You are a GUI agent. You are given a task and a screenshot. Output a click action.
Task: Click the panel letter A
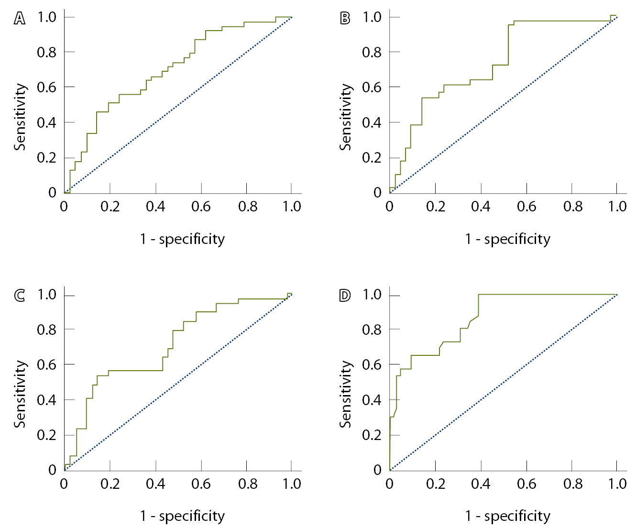coord(20,19)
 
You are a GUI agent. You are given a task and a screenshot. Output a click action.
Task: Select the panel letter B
coord(345,19)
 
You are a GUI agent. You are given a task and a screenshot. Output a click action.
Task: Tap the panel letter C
coord(20,296)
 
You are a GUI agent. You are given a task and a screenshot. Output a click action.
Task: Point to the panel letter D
coord(345,296)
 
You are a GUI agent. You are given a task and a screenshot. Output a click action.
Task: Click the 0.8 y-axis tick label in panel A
coord(46,52)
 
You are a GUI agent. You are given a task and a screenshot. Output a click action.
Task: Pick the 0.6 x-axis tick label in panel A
coord(201,207)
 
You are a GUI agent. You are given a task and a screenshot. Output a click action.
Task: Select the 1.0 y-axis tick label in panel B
coord(372,17)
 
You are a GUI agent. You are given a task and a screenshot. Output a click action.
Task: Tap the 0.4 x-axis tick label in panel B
coord(481,207)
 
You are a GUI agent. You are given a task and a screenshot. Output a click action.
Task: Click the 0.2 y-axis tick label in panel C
coord(46,435)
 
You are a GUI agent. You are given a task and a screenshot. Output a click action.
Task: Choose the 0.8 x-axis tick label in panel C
coord(247,484)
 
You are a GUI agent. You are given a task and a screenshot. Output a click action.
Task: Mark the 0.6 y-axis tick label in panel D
coord(372,364)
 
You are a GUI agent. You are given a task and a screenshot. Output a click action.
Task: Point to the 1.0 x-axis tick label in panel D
coord(617,484)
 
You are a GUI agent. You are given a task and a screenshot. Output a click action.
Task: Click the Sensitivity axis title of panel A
coord(20,117)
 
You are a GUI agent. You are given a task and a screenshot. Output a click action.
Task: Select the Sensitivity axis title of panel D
coord(345,394)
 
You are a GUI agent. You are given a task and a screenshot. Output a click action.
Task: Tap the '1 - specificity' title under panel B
coord(507,239)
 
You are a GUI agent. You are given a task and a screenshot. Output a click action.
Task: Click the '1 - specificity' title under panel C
coord(182,516)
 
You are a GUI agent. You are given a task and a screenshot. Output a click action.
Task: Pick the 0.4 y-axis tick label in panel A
coord(46,122)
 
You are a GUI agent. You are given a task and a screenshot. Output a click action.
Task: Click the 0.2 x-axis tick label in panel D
coord(436,484)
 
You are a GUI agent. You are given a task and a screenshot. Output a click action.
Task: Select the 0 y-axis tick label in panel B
coord(378,193)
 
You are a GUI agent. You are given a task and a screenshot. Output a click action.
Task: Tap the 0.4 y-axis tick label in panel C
coord(46,400)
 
